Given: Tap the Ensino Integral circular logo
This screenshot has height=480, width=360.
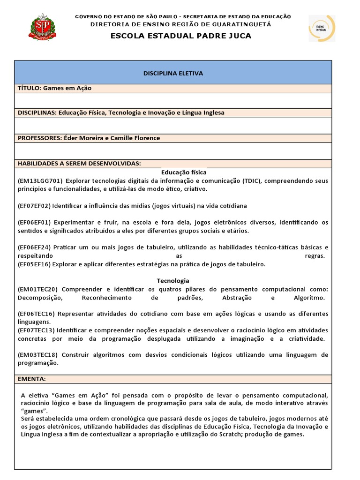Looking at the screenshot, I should point(322,28).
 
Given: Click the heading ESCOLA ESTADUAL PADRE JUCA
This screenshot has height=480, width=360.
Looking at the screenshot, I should point(180,36).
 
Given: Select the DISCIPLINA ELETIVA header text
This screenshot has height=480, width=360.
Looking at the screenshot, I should point(173,74).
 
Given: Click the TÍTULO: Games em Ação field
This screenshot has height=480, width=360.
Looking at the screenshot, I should point(55,88).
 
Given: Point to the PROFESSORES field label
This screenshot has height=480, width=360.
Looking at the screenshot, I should point(39,138).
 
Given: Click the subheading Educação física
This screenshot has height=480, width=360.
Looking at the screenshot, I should point(180,172).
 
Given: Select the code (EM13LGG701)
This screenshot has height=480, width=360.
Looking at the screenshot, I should point(40,180).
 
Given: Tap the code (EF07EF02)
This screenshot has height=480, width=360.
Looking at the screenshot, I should point(34,206).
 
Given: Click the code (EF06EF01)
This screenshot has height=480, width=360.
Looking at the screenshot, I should point(34,222).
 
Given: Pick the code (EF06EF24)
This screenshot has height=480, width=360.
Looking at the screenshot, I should point(34,247).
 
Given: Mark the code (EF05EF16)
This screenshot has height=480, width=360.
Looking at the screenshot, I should point(34,264).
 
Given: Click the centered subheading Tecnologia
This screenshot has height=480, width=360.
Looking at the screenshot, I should point(173,281).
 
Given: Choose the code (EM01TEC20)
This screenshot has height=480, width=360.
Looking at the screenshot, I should point(38,289).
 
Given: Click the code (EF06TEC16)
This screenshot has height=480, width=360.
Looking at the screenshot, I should point(36,314).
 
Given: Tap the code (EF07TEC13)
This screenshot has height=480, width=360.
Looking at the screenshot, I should point(36,330).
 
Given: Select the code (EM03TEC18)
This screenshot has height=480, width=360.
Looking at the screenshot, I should point(38,354).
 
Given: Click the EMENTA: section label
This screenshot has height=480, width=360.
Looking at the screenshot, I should point(32,379).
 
